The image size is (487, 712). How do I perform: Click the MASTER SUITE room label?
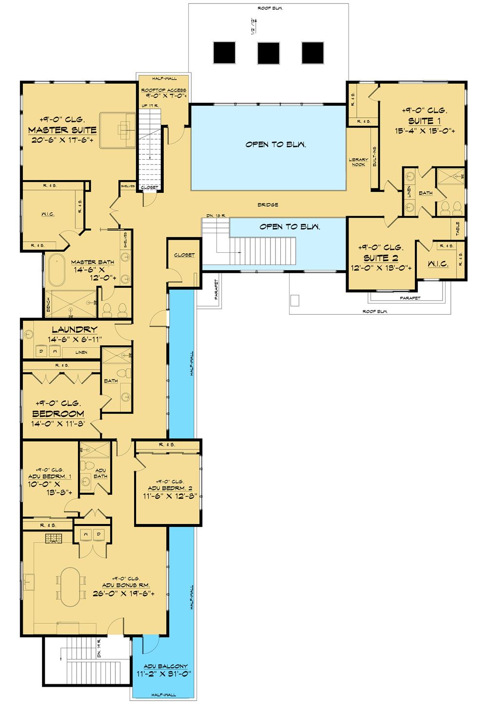[62, 130]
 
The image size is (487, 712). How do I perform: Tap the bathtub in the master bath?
[57, 270]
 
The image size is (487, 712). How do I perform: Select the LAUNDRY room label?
[75, 330]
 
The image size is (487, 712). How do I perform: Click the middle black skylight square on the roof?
[268, 53]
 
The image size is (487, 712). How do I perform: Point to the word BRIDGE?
[268, 205]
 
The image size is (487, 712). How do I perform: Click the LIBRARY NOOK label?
[358, 162]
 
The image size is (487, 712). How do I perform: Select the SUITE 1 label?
[424, 121]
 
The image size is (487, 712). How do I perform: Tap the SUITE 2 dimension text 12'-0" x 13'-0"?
[381, 268]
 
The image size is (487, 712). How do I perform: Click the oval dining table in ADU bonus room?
[71, 587]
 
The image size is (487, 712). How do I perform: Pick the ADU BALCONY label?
[165, 666]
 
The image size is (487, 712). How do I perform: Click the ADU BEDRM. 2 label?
[170, 488]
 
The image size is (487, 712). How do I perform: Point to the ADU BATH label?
[100, 473]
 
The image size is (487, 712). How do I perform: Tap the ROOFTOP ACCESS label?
[163, 90]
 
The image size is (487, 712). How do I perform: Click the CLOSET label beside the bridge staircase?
[184, 255]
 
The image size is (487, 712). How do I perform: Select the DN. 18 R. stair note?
[216, 215]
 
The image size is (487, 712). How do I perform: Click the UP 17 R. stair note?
[150, 106]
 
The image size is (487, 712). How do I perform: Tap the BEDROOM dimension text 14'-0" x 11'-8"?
[58, 424]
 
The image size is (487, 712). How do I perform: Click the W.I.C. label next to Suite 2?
[438, 264]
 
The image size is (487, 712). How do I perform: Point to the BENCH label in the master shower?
[48, 305]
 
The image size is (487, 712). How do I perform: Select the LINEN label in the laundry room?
[81, 352]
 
